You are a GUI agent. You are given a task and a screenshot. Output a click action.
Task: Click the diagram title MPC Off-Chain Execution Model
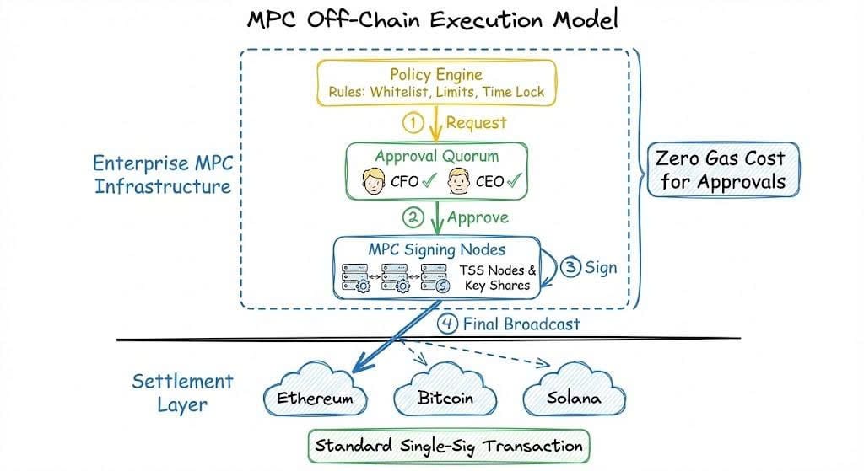pos(431,20)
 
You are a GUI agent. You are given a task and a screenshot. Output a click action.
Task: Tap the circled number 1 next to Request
pos(413,123)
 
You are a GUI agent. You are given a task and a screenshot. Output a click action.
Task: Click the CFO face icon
pos(374,180)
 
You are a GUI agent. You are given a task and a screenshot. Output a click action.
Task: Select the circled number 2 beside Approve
pos(413,218)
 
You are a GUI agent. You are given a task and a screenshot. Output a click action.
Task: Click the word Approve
pos(478,218)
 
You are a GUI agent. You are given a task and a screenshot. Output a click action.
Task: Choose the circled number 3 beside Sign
pos(571,269)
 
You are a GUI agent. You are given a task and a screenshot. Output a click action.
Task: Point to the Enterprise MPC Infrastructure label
pos(162,174)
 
